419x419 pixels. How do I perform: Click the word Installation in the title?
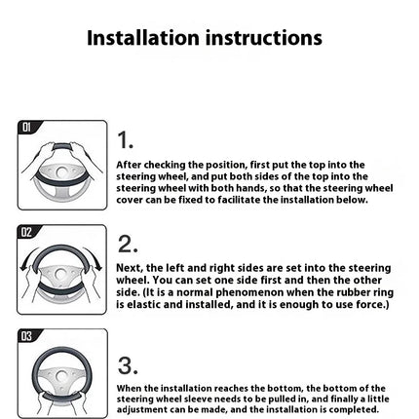(x=143, y=38)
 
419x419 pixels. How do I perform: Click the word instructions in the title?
(x=264, y=38)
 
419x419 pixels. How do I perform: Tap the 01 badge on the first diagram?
(x=27, y=127)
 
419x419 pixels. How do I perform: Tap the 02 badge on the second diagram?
(x=26, y=232)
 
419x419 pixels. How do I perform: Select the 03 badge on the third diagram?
(x=27, y=336)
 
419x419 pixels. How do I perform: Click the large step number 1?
(x=125, y=140)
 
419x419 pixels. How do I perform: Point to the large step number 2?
(x=128, y=244)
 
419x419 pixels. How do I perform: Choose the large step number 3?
(x=128, y=365)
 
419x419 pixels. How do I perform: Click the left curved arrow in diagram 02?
(x=27, y=259)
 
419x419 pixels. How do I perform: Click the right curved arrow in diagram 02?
(x=95, y=258)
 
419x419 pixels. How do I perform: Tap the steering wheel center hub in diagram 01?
(x=61, y=171)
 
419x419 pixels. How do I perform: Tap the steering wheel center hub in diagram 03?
(x=61, y=377)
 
